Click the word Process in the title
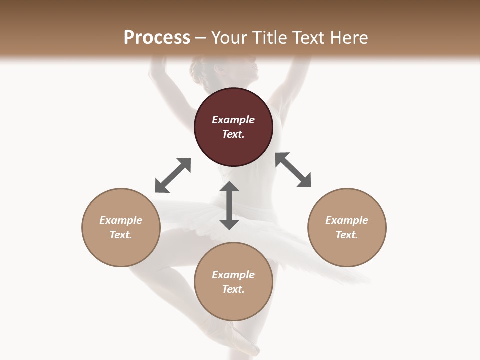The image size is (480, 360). [x=157, y=37]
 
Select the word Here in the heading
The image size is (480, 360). [x=348, y=37]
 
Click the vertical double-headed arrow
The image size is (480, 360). [x=229, y=205]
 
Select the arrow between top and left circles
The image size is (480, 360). [x=173, y=175]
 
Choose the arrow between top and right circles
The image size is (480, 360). [x=293, y=170]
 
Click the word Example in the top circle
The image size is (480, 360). [x=233, y=120]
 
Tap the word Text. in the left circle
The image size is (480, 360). [x=121, y=235]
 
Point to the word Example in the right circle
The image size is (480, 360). [x=347, y=220]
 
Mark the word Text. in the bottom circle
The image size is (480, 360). [x=233, y=289]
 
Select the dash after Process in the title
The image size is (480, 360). [x=201, y=38]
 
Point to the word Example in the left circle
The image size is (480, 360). [x=121, y=220]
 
